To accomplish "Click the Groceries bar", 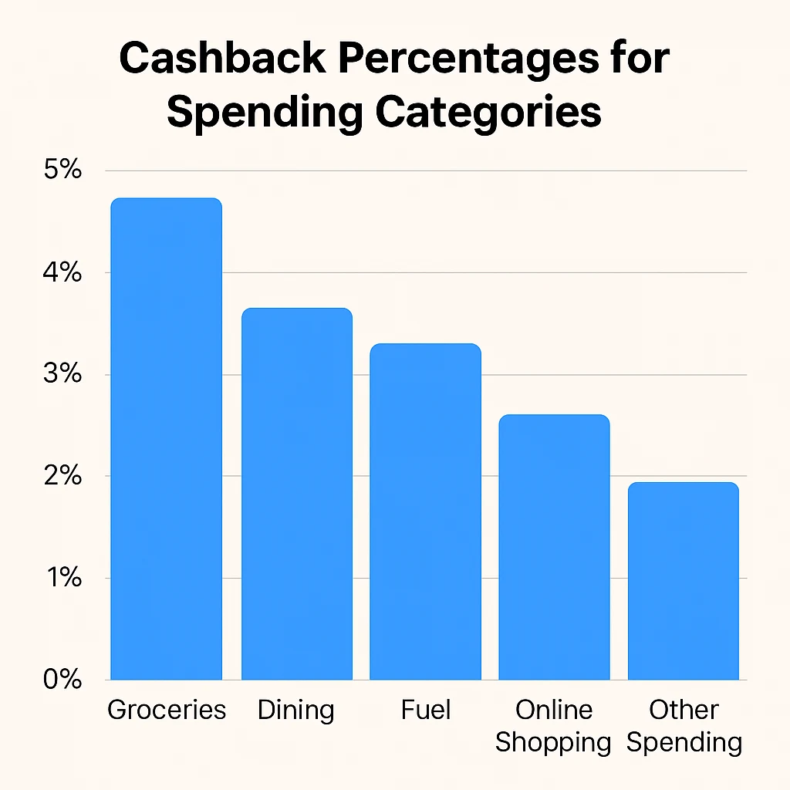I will pos(166,439).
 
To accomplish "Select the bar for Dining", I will pos(296,494).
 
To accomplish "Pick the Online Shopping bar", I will pos(553,547).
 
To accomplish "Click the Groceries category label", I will pos(167,710).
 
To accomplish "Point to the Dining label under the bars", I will pos(296,710).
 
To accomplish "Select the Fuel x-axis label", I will pos(425,710).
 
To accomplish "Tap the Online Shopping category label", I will pos(553,726).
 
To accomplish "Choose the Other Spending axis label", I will pos(684,726).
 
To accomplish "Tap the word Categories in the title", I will pos(488,113).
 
